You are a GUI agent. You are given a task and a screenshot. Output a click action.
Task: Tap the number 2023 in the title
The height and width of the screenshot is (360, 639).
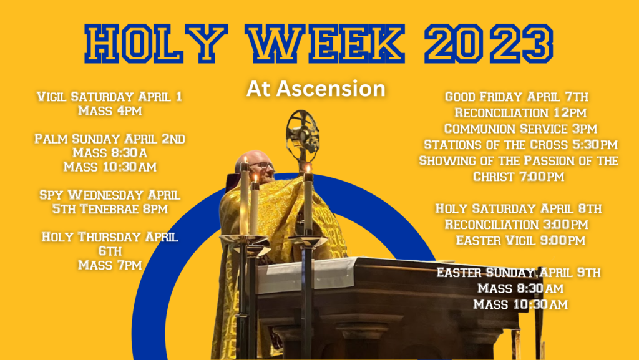[x=489, y=44]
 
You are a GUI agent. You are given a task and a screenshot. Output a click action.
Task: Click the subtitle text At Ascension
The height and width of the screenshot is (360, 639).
[x=316, y=89]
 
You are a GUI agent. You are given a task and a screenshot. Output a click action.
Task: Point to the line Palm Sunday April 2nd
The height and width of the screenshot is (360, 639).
[x=110, y=139]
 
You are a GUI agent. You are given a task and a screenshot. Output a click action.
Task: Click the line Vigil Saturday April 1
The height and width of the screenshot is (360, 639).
[x=110, y=97]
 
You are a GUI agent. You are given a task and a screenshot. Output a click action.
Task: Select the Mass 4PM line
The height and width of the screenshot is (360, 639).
[x=110, y=111]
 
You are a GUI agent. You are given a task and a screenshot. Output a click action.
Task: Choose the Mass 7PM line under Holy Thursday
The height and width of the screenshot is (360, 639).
[x=110, y=265]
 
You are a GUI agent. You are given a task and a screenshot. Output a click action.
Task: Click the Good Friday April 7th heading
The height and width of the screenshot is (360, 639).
[x=517, y=97]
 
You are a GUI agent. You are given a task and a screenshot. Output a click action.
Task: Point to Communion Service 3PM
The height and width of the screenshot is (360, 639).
[x=520, y=129]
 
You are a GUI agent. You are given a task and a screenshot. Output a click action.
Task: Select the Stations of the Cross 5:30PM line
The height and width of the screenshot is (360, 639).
[x=520, y=145]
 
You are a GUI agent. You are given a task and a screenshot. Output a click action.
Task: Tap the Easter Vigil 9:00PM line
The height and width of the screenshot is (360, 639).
[x=520, y=240]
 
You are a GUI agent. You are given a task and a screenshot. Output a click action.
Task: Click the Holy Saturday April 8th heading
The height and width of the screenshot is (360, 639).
[x=519, y=208]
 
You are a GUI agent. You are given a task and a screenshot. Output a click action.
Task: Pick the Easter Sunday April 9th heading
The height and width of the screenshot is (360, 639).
[x=519, y=272]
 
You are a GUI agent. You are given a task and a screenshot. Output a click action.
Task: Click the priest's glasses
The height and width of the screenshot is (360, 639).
[x=262, y=166]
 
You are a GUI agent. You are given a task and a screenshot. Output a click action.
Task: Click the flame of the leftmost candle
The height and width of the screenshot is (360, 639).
[x=245, y=159]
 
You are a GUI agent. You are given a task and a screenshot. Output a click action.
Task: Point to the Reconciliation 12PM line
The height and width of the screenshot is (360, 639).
[x=520, y=112]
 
